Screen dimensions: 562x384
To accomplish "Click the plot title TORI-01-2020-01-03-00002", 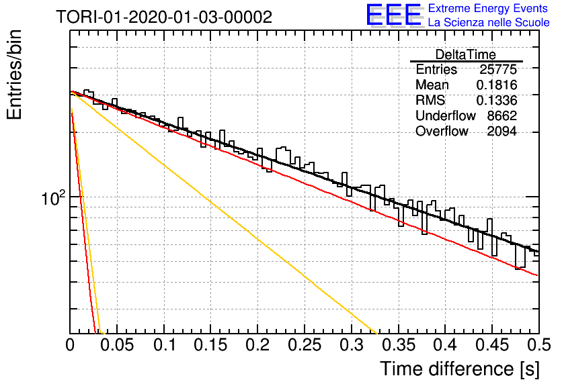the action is [164, 17].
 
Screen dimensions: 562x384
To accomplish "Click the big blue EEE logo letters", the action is [394, 15].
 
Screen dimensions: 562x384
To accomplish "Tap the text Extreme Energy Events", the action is [488, 8].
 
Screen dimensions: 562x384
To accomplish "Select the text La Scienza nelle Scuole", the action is [489, 22].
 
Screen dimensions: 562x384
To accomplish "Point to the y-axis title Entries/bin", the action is [14, 75].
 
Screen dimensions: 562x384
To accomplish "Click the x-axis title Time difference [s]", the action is [460, 369].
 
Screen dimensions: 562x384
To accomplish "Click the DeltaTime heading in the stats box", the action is [465, 54].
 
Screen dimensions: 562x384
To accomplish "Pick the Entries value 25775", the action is [498, 69].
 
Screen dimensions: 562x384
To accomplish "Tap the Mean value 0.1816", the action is [497, 85].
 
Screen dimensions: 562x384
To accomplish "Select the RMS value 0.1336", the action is [497, 100].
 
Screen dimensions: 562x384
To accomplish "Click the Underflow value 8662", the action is [501, 115].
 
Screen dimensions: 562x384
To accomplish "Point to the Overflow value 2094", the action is [501, 131].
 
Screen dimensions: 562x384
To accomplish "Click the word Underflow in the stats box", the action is [446, 115].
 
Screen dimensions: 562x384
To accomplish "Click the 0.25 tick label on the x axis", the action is [305, 345].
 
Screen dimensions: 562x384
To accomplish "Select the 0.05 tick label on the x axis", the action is [117, 345].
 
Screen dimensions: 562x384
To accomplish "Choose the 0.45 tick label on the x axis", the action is [493, 345].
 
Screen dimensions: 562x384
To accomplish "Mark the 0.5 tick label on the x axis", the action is [539, 345].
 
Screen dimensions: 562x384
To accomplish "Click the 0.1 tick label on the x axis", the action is [165, 345].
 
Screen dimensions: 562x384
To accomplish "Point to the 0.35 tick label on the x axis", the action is [399, 345].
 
